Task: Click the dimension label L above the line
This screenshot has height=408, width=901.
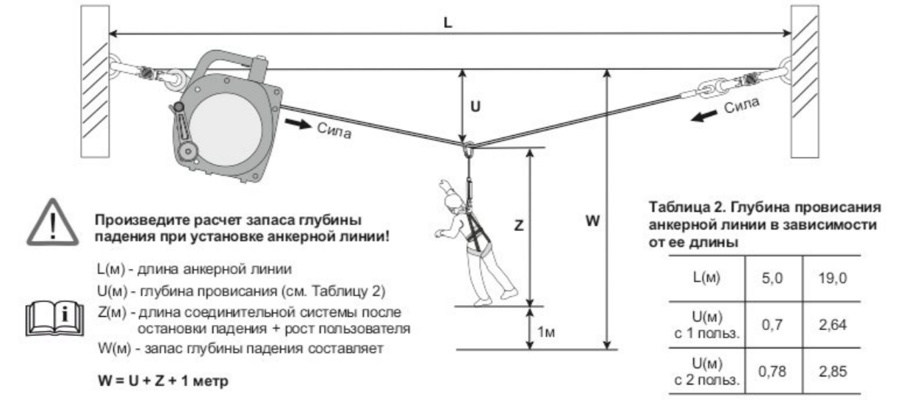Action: pos(448,22)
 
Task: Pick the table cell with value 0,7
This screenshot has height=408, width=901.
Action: pos(772,323)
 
